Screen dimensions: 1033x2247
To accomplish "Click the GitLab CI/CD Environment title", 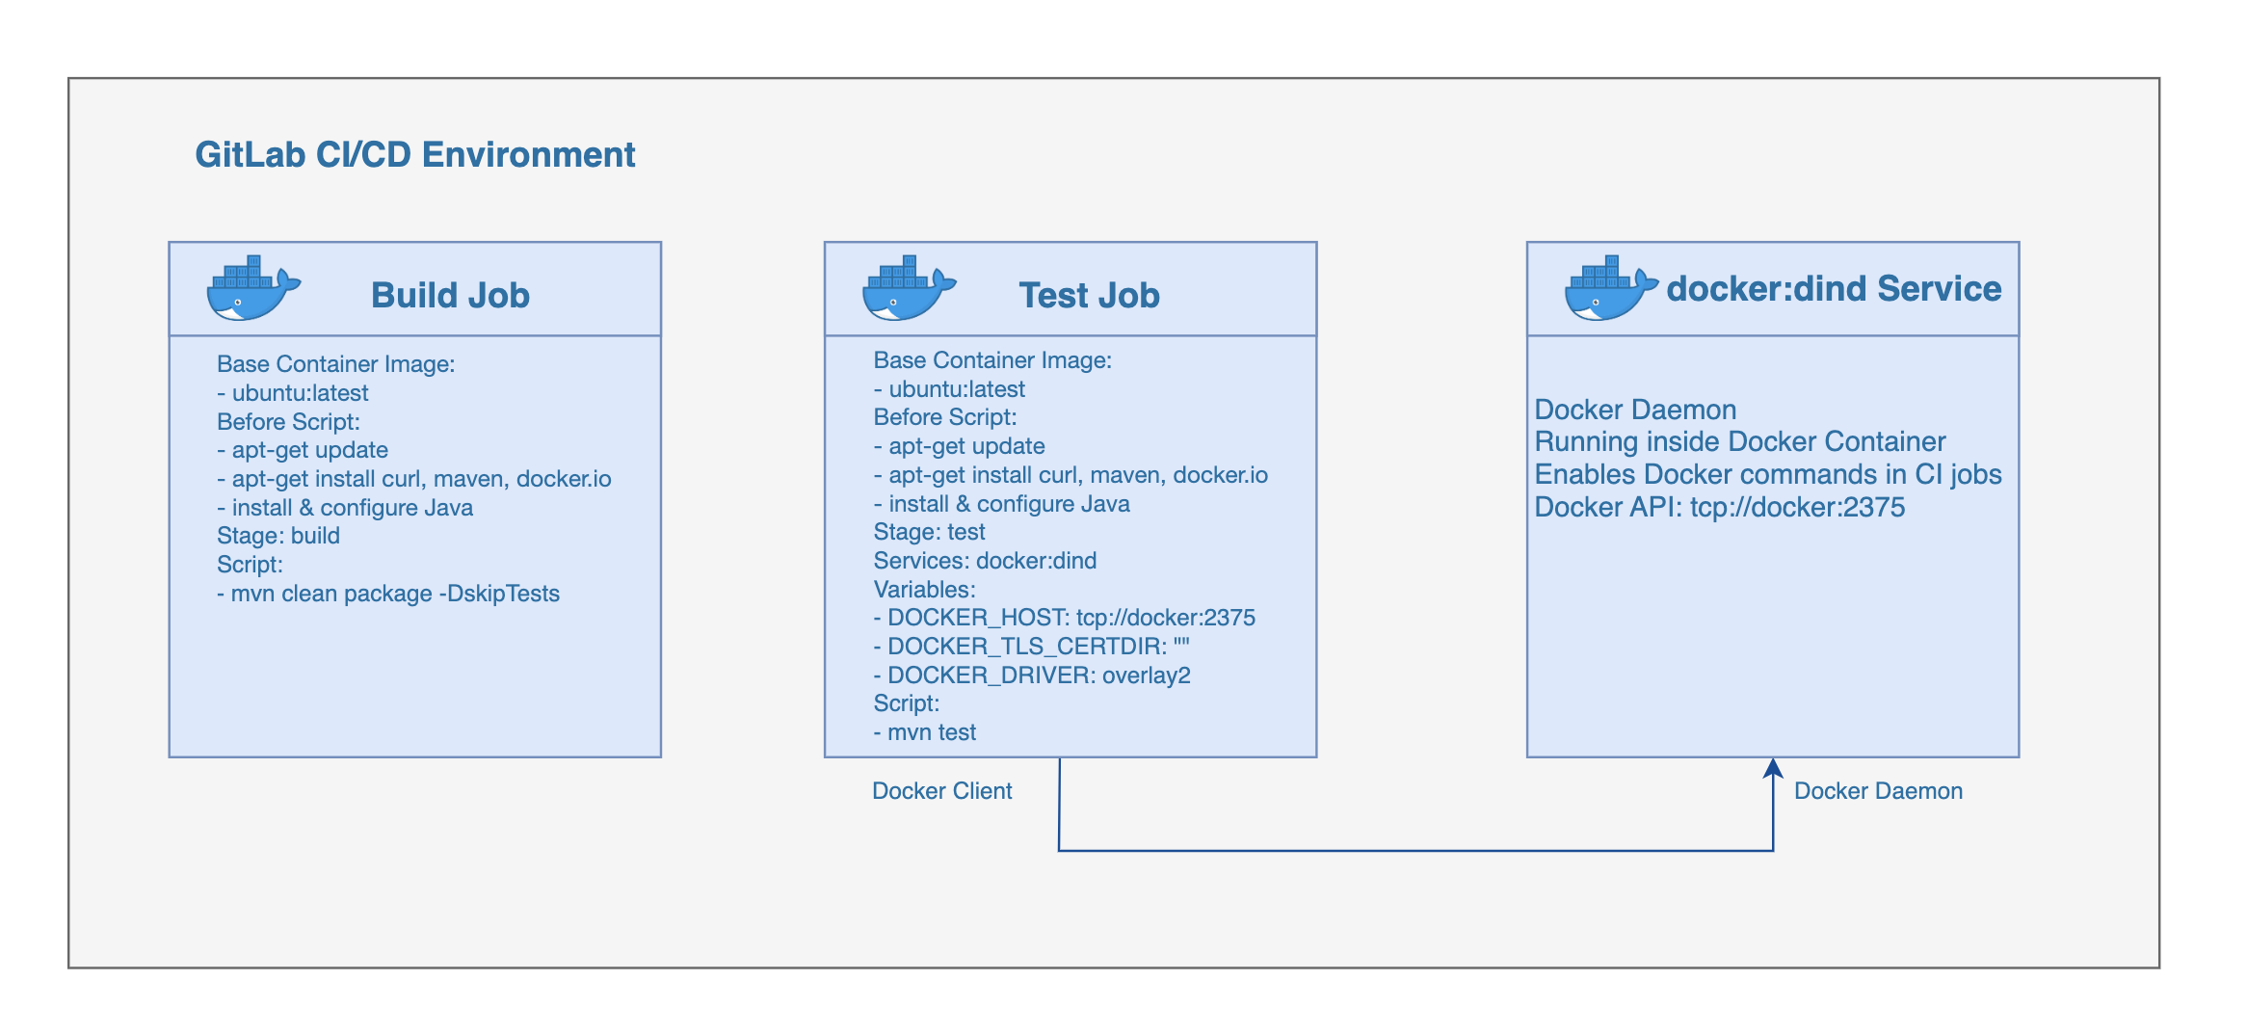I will [x=414, y=155].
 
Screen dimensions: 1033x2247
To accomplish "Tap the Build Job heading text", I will [x=450, y=295].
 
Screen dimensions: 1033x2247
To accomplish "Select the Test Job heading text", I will [x=1089, y=295].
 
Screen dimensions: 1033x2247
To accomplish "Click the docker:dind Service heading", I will [x=1834, y=288].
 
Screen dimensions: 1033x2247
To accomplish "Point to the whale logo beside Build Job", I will [x=252, y=288].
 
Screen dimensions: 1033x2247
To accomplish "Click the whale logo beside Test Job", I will [x=908, y=288].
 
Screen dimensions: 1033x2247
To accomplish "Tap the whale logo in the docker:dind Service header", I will [x=1610, y=288].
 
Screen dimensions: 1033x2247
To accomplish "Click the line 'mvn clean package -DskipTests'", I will [x=388, y=594].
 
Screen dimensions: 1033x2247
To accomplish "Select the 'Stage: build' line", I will [x=278, y=536].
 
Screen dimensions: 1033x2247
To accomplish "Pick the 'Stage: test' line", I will [x=929, y=532].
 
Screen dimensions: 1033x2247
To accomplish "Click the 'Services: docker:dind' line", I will [x=985, y=561].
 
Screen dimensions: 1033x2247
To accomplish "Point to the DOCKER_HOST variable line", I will [x=1065, y=618].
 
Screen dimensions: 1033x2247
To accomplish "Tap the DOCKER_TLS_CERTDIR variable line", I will [x=1032, y=647].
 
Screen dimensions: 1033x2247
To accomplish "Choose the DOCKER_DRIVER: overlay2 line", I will [x=1032, y=675].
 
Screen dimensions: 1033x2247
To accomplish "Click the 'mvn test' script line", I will [x=925, y=732].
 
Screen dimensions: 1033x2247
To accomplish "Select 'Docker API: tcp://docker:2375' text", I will [x=1719, y=507].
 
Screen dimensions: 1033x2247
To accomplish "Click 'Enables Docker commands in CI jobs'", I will [x=1767, y=474].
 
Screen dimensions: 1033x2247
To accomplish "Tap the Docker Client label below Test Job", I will [x=941, y=791].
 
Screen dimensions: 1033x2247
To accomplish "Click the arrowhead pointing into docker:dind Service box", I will [x=1773, y=768].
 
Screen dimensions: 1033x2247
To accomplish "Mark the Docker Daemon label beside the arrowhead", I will [x=1878, y=791].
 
